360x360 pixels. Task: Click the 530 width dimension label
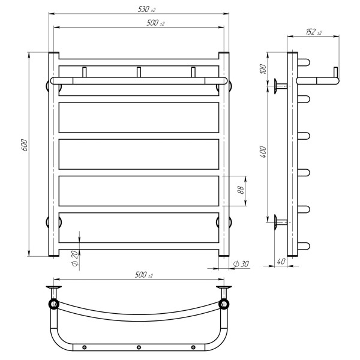tap(146, 9)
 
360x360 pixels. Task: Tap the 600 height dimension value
tap(25, 145)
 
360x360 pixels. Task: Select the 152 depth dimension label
tap(313, 32)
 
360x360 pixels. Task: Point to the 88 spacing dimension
tap(241, 190)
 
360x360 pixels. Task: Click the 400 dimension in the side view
tap(263, 152)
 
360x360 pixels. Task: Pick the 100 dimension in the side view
tap(263, 69)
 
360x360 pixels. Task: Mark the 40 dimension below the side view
tap(281, 261)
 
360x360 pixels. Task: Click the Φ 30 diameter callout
tap(241, 264)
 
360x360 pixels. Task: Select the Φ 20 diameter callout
tap(75, 258)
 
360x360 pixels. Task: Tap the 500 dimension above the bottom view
tap(144, 275)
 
